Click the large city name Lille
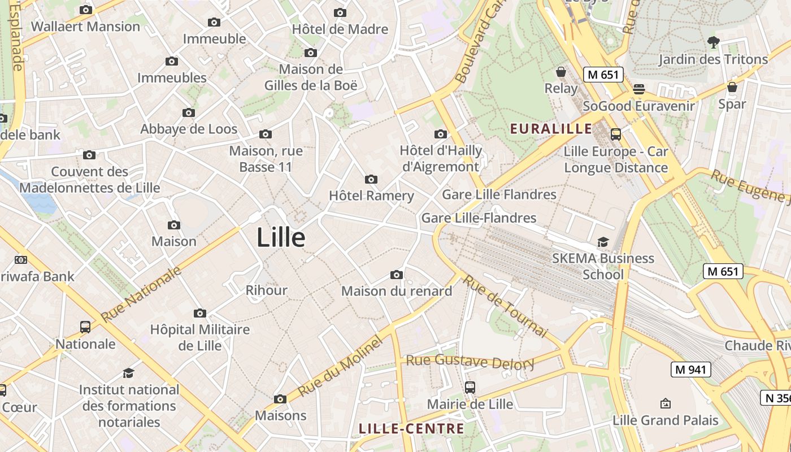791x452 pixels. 281,238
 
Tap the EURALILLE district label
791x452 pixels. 551,129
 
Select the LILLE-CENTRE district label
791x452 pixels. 411,429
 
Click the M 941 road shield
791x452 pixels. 690,370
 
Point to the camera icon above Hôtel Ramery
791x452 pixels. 371,180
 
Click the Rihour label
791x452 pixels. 267,290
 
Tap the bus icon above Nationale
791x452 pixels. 85,327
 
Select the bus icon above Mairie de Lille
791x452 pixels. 470,388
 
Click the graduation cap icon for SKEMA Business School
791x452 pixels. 603,242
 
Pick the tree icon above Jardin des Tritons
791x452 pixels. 713,42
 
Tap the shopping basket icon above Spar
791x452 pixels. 732,87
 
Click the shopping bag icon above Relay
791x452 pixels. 561,72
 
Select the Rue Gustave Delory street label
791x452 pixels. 470,362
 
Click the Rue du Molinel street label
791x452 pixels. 340,367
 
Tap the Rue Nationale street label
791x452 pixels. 142,293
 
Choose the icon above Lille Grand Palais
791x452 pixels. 665,403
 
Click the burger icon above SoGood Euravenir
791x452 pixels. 639,89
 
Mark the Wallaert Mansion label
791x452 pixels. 85,27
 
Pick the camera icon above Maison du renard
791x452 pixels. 397,275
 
